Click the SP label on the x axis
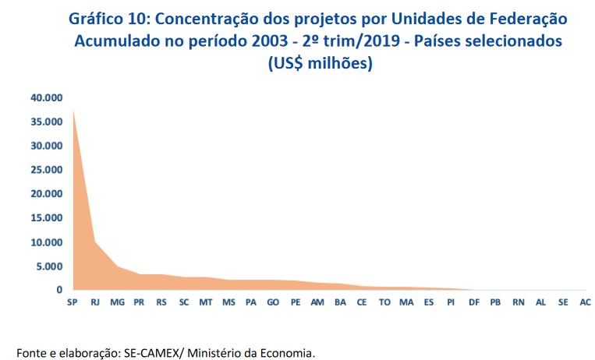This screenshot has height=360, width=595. pyautogui.click(x=72, y=302)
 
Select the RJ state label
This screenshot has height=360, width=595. pyautogui.click(x=94, y=302)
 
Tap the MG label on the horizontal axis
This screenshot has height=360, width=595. pyautogui.click(x=117, y=302)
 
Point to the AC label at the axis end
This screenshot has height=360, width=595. pyautogui.click(x=585, y=302)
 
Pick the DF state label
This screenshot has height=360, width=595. pyautogui.click(x=473, y=302)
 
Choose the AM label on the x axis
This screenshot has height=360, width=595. pyautogui.click(x=317, y=302)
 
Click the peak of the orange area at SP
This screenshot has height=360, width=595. pyautogui.click(x=73, y=110)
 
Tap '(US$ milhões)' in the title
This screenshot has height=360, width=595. pyautogui.click(x=320, y=65)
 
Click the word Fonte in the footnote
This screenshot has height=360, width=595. pyautogui.click(x=32, y=353)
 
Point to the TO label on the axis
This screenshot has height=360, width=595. pyautogui.click(x=384, y=302)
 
